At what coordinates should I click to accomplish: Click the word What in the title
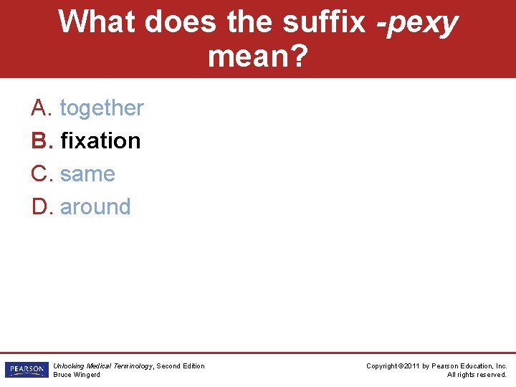[x=97, y=22]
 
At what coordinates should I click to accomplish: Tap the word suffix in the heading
[x=324, y=22]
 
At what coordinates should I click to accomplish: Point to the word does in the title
[x=181, y=22]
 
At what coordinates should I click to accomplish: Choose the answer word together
[x=102, y=108]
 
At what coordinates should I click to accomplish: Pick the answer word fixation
[x=100, y=140]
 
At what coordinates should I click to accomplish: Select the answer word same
[x=87, y=174]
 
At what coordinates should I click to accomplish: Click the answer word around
[x=95, y=207]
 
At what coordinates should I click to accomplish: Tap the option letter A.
[x=39, y=108]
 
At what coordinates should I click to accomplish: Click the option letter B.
[x=39, y=140]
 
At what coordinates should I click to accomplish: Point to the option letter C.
[x=40, y=174]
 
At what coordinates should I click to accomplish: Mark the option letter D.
[x=40, y=207]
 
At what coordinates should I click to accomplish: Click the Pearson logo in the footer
[x=26, y=370]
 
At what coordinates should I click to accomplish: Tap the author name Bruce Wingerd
[x=77, y=375]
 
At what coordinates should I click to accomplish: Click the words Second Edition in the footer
[x=181, y=366]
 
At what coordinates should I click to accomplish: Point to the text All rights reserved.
[x=477, y=375]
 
